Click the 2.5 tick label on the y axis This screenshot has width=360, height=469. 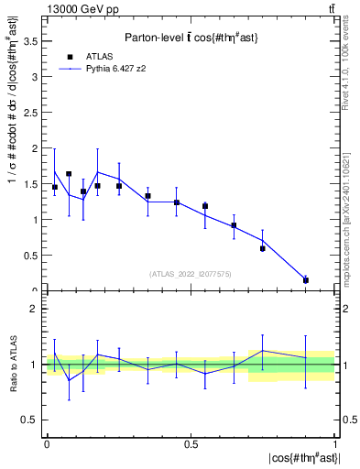pyautogui.click(x=35, y=112)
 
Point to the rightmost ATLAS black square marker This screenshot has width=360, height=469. pyautogui.click(x=306, y=280)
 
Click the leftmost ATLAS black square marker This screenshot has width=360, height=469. pyautogui.click(x=55, y=187)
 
